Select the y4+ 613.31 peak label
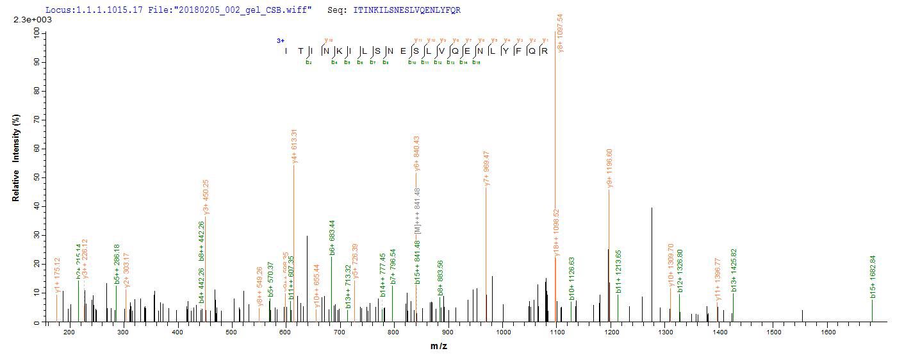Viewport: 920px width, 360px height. [294, 147]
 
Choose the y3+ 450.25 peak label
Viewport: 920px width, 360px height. [206, 197]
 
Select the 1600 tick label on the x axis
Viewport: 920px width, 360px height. [828, 332]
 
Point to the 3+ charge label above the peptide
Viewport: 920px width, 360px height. [281, 40]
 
